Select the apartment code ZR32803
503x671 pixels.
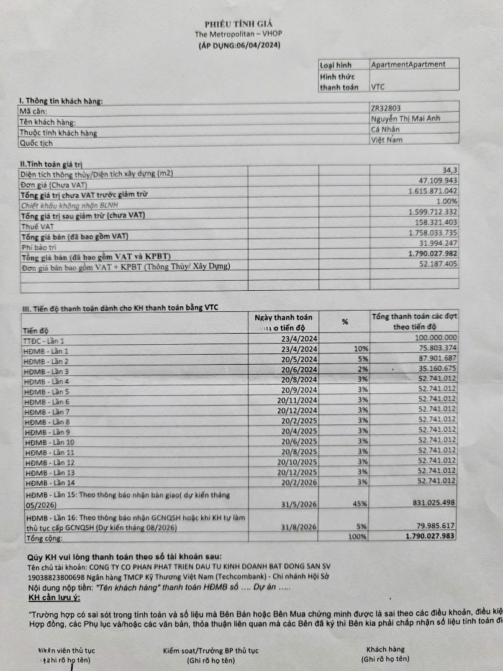(x=387, y=108)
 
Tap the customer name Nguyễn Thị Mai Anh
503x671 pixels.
(x=406, y=118)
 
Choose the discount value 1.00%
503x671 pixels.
(x=446, y=201)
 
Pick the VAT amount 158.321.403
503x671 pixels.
(x=435, y=222)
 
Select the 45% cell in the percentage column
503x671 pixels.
(x=359, y=504)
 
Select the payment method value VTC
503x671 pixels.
(x=378, y=88)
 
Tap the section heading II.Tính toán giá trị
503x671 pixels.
(x=52, y=164)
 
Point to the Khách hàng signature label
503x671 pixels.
(x=385, y=649)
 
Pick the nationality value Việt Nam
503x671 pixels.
(x=387, y=140)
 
